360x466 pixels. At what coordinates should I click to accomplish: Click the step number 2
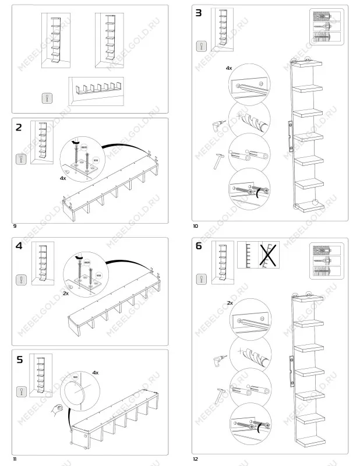coord(20,128)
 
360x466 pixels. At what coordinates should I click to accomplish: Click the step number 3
coord(199,13)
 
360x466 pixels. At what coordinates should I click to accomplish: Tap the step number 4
coord(20,246)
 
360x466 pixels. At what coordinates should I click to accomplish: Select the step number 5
coord(20,359)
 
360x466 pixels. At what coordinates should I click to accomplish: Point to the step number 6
coord(199,246)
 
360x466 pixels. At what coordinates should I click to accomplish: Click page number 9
coord(15,225)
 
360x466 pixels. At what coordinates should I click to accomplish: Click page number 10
coord(196,225)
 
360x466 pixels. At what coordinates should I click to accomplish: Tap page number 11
coord(15,459)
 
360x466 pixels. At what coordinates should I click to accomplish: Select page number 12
coord(196,459)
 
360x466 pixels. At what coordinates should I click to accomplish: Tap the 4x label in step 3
coord(229,68)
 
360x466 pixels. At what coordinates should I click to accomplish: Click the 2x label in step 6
coord(230,303)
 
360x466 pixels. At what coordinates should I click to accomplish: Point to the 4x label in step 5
coord(95,372)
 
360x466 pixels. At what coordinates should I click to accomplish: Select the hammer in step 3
coord(216,160)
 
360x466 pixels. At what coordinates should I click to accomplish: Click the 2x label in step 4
coord(66,294)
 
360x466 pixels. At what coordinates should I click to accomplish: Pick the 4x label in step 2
coord(63,178)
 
